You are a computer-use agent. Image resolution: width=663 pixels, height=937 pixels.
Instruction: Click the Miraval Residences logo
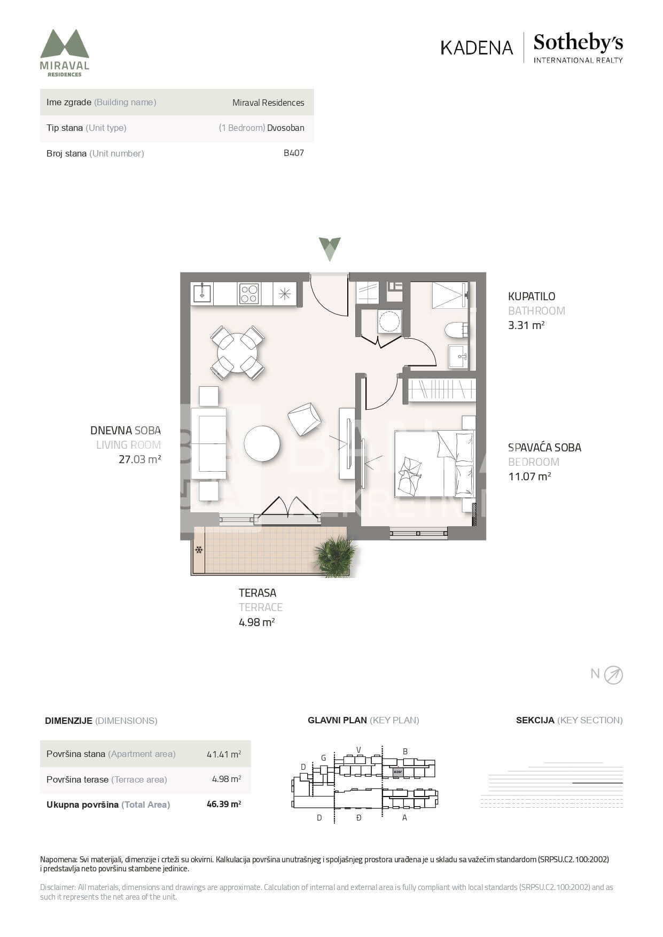[x=65, y=53]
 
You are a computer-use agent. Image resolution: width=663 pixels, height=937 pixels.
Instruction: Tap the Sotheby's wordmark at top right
[x=578, y=43]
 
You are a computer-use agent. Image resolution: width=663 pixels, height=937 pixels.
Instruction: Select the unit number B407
[x=294, y=153]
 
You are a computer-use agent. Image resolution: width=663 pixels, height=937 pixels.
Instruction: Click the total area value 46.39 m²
[x=224, y=804]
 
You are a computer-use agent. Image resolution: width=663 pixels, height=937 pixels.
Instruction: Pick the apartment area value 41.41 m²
[x=224, y=754]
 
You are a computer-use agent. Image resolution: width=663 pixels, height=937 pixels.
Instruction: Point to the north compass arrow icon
[x=613, y=675]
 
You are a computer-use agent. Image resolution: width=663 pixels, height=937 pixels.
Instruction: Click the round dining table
[x=237, y=353]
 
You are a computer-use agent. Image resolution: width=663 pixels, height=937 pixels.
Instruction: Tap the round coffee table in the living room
[x=262, y=443]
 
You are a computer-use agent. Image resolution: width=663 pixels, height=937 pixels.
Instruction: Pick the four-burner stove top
[x=249, y=293]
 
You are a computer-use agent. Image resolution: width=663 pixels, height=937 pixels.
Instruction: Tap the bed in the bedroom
[x=434, y=464]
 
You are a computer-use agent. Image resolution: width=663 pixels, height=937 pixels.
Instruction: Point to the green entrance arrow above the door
[x=330, y=249]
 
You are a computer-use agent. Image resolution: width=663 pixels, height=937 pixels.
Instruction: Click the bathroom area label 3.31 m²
[x=526, y=325]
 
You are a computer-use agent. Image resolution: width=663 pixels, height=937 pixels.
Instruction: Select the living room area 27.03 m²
[x=140, y=459]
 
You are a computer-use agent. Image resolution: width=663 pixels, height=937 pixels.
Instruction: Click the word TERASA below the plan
[x=258, y=592]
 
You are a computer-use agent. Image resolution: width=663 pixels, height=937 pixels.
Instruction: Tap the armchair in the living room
[x=304, y=418]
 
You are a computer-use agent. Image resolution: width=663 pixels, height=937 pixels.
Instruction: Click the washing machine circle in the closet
[x=389, y=321]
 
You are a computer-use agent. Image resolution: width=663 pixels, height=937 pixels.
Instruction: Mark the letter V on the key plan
[x=359, y=749]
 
